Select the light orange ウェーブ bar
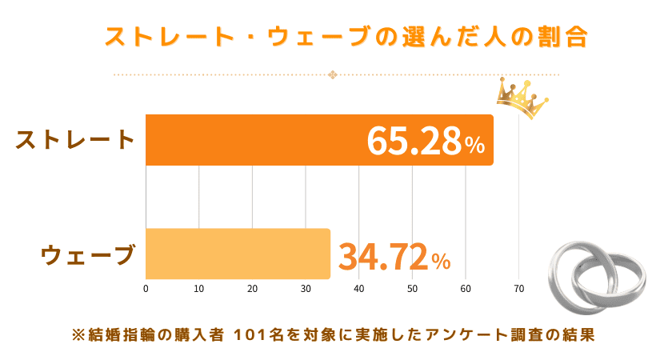coord(238,254)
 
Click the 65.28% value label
coord(426,142)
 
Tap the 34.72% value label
coord(394,256)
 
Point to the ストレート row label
coord(75,139)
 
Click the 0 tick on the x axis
coord(146,289)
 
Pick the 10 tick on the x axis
coord(198,289)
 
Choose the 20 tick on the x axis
coord(252,289)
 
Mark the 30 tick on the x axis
coord(306,289)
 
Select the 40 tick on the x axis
coord(358,289)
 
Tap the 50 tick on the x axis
coord(412,289)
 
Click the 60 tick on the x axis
coord(465,289)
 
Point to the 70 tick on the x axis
coord(518,289)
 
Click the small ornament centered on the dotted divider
coord(333,75)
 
